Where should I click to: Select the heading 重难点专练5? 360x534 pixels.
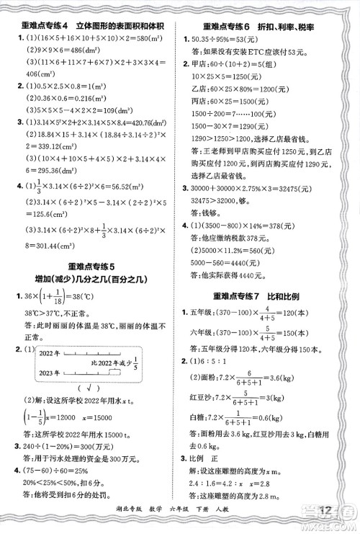[x=90, y=265]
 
